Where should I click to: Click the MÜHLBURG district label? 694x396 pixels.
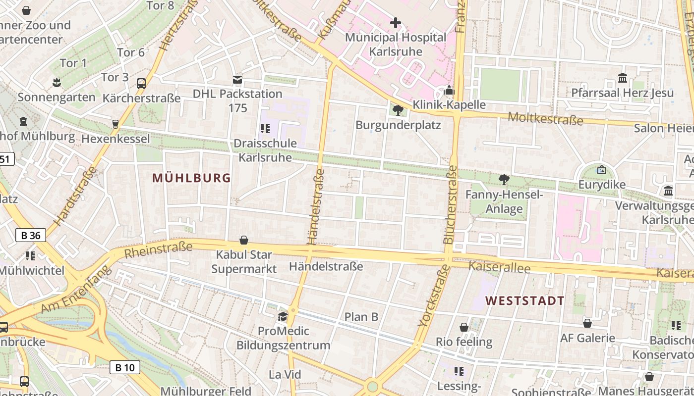tap(191, 178)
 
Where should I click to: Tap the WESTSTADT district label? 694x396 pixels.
tap(524, 300)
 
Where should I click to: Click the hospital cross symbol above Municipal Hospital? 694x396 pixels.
tap(396, 22)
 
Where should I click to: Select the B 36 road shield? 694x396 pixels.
tap(31, 235)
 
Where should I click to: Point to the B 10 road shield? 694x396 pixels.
tap(125, 367)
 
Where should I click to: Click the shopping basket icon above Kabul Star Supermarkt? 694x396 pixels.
tap(244, 240)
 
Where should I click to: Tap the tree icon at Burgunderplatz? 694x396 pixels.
tap(397, 110)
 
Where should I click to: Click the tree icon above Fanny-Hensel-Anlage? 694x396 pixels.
tap(504, 179)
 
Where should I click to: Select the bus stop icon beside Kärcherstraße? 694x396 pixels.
tap(141, 83)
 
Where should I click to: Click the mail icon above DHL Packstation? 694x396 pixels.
tap(237, 80)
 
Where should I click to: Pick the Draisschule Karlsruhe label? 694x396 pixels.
tap(265, 150)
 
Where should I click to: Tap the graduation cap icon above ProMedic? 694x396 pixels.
tap(283, 316)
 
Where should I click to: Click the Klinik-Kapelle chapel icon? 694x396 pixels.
tap(449, 90)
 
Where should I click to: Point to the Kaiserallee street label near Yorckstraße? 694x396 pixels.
tap(499, 267)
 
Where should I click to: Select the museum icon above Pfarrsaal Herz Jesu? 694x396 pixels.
tap(623, 78)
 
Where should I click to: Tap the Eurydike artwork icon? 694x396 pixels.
tap(601, 170)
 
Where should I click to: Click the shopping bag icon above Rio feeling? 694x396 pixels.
tap(464, 327)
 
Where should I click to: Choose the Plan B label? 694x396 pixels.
tap(361, 317)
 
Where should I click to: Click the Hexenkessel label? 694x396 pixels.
tap(116, 139)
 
